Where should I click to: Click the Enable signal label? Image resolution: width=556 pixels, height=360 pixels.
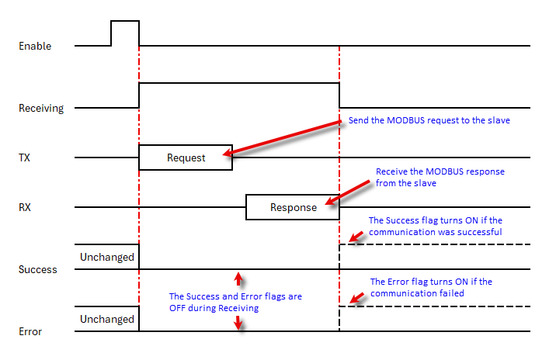click(35, 46)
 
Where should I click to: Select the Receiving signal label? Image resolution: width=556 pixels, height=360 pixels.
click(41, 108)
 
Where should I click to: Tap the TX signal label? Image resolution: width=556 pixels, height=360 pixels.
click(24, 157)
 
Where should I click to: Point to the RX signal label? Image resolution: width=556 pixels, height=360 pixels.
click(25, 207)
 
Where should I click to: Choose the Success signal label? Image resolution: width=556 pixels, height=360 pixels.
click(37, 269)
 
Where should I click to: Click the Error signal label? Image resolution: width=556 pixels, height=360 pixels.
click(30, 331)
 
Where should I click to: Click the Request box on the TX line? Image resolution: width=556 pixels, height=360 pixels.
click(186, 157)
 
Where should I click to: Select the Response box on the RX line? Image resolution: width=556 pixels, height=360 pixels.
click(293, 207)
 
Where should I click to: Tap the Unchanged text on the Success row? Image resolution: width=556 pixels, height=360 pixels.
click(106, 258)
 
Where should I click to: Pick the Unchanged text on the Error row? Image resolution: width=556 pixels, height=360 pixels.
click(106, 319)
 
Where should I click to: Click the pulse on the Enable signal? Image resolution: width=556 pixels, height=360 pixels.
click(125, 21)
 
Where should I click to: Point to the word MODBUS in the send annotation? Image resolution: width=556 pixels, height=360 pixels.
click(405, 120)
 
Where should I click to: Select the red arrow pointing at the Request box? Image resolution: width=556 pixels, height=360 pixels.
click(282, 138)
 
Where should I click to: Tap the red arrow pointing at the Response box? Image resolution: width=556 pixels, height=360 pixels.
click(348, 192)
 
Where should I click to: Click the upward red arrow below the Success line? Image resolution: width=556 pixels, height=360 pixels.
click(238, 279)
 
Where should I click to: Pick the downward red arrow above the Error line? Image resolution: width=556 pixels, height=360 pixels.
click(238, 323)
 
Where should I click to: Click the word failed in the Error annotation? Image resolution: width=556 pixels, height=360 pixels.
click(452, 293)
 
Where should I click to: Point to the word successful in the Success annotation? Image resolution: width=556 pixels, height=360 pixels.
click(480, 232)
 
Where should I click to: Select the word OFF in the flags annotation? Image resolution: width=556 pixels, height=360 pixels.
click(177, 308)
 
